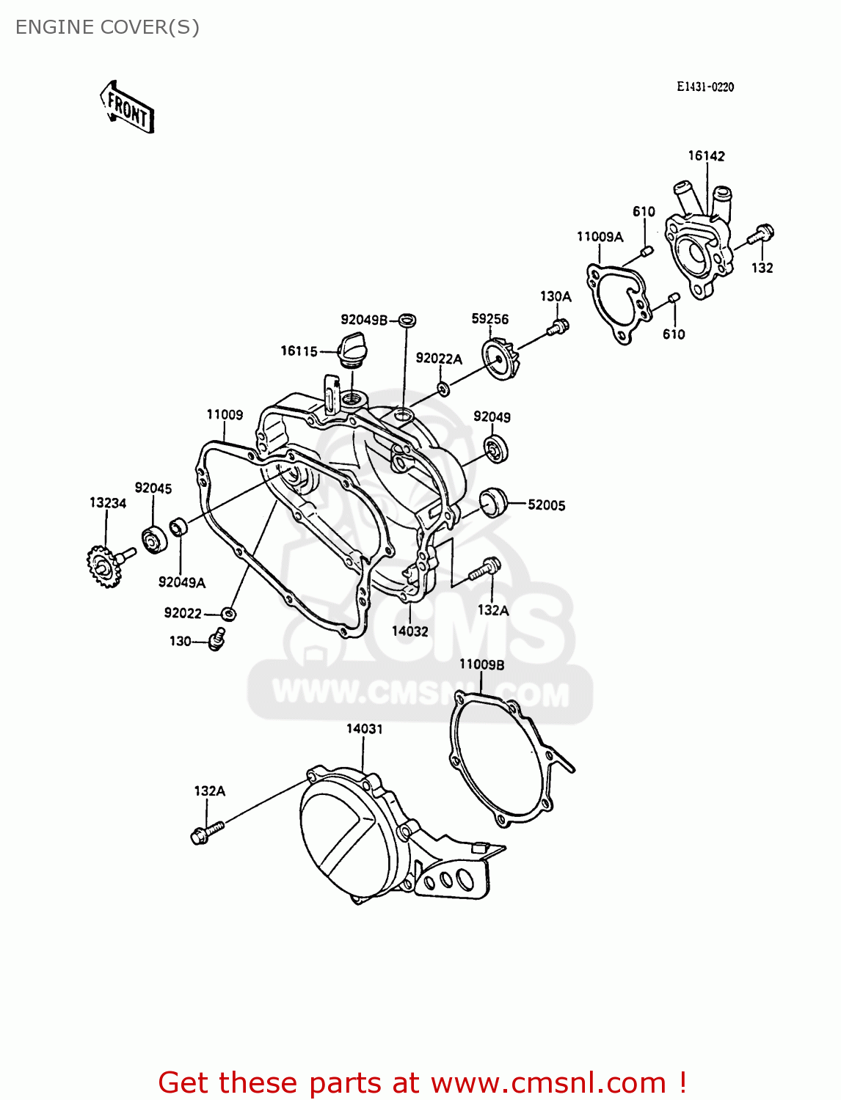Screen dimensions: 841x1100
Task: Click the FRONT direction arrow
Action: (x=127, y=108)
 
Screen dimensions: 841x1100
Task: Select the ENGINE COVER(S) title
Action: (x=107, y=27)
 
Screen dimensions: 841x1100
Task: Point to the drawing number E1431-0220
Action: (x=705, y=87)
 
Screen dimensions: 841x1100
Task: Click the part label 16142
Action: (x=706, y=155)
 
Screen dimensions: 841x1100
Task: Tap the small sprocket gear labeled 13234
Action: (x=103, y=567)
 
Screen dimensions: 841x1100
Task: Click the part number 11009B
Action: (x=481, y=664)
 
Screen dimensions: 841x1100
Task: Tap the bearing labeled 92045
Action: (x=154, y=541)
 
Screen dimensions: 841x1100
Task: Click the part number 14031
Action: (x=365, y=728)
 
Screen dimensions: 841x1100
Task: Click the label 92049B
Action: (x=363, y=320)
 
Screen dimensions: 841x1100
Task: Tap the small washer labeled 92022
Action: (x=229, y=613)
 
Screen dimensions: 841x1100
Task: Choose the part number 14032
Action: (x=409, y=631)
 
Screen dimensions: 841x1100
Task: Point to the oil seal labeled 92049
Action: (x=496, y=448)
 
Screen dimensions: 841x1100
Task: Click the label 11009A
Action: (x=600, y=236)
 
